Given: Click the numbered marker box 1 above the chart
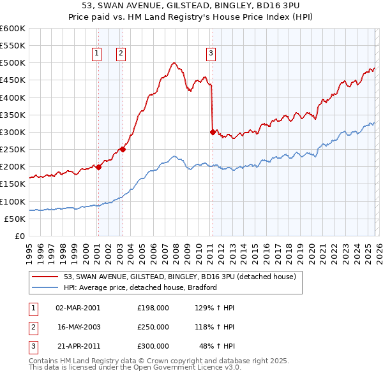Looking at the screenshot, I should point(98,54).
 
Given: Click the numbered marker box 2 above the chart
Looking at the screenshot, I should point(120,54).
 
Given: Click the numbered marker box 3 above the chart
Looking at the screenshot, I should point(211,54).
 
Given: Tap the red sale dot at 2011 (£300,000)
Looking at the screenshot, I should point(212,132).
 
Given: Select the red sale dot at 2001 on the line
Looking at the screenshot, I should point(98,167).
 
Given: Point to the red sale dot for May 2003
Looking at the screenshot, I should point(123,150).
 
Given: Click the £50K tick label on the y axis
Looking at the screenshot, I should point(15,219).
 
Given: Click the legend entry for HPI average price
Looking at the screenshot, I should point(140,287).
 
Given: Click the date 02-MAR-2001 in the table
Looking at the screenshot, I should point(78,307).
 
